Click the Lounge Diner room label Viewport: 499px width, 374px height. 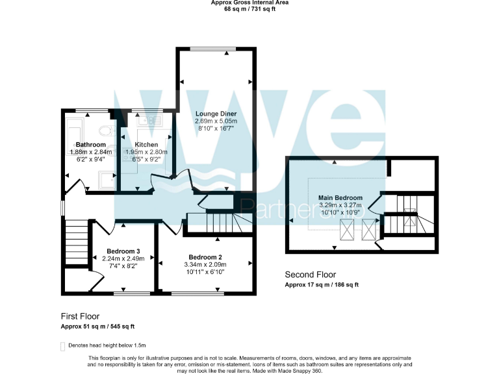click(x=217, y=114)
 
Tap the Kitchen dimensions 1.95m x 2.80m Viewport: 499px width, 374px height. click(x=146, y=152)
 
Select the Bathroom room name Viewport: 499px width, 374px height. click(x=90, y=144)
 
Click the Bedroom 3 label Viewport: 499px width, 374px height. click(x=123, y=251)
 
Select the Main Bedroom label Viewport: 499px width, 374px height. click(x=340, y=197)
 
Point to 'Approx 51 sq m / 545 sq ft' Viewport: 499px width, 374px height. click(x=97, y=327)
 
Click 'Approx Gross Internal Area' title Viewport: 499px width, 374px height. click(x=249, y=3)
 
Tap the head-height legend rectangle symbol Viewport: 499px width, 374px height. click(x=63, y=346)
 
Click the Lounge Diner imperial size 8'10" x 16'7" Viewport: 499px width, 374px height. click(x=217, y=129)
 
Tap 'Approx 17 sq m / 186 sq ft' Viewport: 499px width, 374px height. click(x=322, y=285)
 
